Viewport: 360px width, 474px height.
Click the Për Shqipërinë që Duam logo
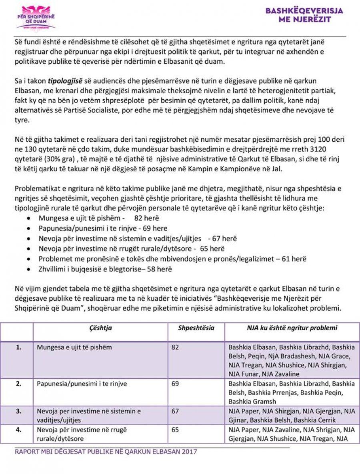pos(36,17)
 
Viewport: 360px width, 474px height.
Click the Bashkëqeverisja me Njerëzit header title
pos(304,15)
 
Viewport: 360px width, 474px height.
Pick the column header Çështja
pos(100,328)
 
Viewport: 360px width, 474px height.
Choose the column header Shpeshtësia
pos(196,328)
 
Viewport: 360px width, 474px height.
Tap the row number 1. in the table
pos(18,347)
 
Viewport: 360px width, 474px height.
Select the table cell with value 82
pos(175,347)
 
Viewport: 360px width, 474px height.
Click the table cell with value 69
pos(175,384)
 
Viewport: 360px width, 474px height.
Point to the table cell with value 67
pos(175,411)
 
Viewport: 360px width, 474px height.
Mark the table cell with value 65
pos(175,430)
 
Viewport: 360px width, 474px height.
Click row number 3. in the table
pos(18,411)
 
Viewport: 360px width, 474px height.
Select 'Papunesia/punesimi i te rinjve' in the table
pos(82,384)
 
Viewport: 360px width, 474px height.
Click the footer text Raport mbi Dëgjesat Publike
pos(106,452)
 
